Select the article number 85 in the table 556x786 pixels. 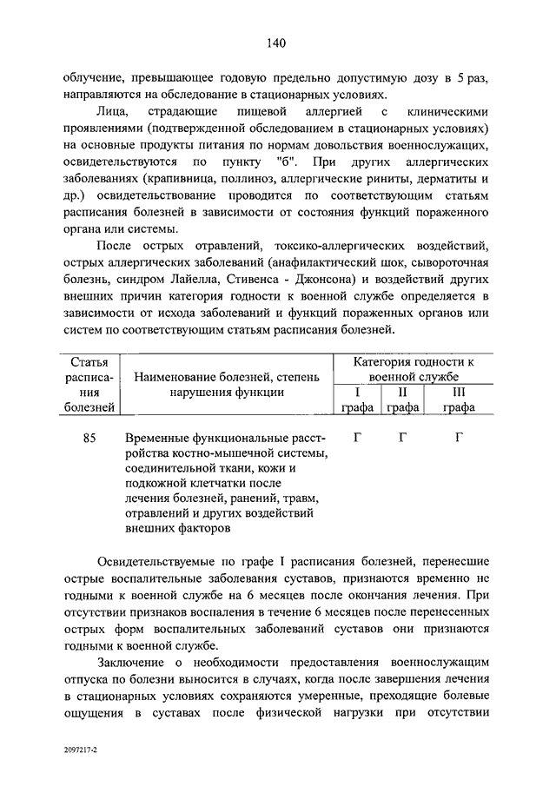89,439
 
